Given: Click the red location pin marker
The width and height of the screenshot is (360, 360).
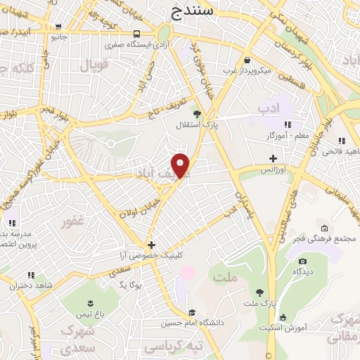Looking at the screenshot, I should tap(181, 165).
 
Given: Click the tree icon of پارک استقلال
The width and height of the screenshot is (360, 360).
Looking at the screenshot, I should tap(198, 113).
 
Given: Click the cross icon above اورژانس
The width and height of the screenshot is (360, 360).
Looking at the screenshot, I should tap(273, 158).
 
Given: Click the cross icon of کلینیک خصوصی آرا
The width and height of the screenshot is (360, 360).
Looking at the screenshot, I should tap(151, 244).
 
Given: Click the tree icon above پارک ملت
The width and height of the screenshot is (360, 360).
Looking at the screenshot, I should tap(259, 292).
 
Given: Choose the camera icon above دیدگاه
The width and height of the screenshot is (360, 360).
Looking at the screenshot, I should tap(303, 261).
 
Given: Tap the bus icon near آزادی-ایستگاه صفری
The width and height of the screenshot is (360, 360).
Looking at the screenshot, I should tap(135, 33).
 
